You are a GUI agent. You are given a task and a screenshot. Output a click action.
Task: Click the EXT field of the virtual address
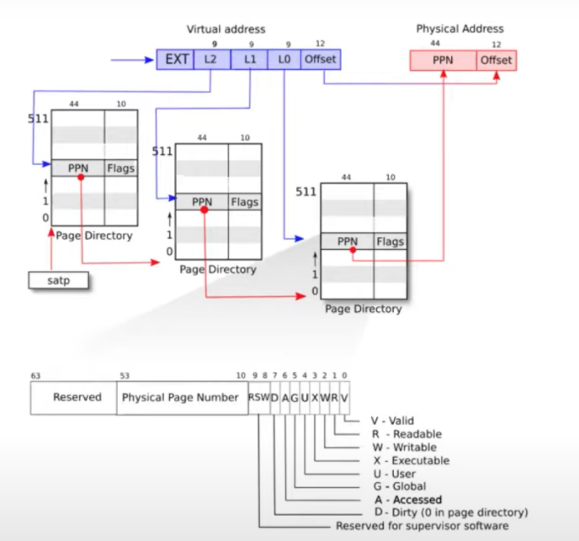[175, 60]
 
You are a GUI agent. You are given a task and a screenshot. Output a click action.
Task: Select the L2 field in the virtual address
[211, 60]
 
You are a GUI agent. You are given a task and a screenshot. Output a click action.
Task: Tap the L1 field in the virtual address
[249, 60]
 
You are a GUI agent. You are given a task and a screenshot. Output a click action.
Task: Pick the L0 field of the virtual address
[284, 60]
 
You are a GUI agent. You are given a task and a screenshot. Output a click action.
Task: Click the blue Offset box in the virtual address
[320, 60]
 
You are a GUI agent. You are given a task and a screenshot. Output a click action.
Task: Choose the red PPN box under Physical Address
[443, 61]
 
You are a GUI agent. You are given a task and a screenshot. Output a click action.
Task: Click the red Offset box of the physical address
[496, 61]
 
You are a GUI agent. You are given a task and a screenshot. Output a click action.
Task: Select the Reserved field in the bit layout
[77, 397]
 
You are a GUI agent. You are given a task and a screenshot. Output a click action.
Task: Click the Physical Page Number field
[181, 397]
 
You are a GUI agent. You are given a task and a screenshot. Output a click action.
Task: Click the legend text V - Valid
[393, 421]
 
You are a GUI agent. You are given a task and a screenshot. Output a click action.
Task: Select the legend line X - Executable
[410, 460]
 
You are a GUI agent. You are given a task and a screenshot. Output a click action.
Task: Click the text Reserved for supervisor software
[422, 526]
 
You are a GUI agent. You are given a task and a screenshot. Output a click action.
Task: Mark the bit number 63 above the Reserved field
[36, 375]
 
